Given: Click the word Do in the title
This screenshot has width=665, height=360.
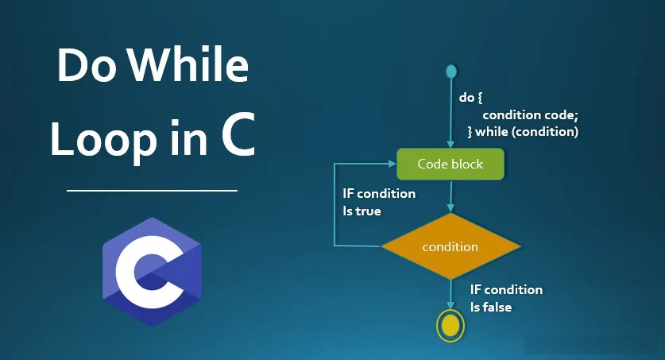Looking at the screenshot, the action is (x=87, y=65).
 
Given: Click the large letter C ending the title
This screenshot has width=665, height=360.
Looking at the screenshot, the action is (x=238, y=134).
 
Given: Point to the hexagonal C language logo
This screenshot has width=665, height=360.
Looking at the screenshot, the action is (x=152, y=273).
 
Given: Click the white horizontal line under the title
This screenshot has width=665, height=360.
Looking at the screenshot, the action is (x=152, y=191).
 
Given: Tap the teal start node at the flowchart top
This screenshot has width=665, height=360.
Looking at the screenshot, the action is (x=450, y=72).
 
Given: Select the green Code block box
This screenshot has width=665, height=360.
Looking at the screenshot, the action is (x=450, y=164).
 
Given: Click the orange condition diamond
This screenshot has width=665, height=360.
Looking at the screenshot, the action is (x=450, y=246).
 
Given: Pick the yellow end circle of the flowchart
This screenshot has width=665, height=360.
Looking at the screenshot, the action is (x=450, y=326).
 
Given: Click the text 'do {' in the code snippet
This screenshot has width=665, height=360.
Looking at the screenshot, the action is (x=471, y=98).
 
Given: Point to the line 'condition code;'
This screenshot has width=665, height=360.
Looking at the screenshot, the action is (x=530, y=115).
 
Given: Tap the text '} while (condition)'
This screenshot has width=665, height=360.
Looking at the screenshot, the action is (x=523, y=132).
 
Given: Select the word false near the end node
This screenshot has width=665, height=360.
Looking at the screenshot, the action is (x=497, y=307).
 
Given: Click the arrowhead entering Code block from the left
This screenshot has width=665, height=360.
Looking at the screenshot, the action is (x=392, y=163).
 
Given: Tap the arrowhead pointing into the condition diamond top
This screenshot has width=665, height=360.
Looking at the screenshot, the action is (x=450, y=207).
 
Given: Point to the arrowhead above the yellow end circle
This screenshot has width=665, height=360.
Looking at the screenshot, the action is (x=450, y=305).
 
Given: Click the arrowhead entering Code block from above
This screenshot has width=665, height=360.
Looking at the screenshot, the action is (x=450, y=144).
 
